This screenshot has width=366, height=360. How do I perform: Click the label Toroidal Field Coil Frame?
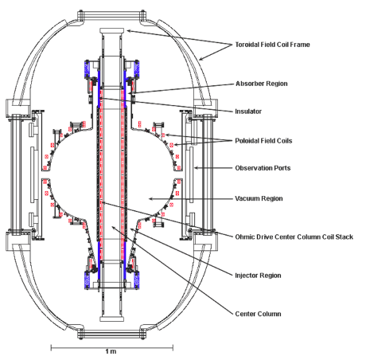point(272,45)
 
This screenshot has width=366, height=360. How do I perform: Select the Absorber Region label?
point(262,84)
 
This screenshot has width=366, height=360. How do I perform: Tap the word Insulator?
point(248,112)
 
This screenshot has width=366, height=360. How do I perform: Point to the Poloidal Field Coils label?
point(263,141)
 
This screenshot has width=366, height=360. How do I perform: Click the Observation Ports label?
point(263,168)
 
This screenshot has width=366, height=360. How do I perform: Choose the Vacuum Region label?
point(259,198)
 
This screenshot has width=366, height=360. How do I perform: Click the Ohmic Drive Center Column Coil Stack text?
point(294,237)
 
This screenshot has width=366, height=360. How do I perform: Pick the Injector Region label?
point(258,276)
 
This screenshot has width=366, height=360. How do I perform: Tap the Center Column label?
point(258,314)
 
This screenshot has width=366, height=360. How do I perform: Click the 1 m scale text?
point(111,351)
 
